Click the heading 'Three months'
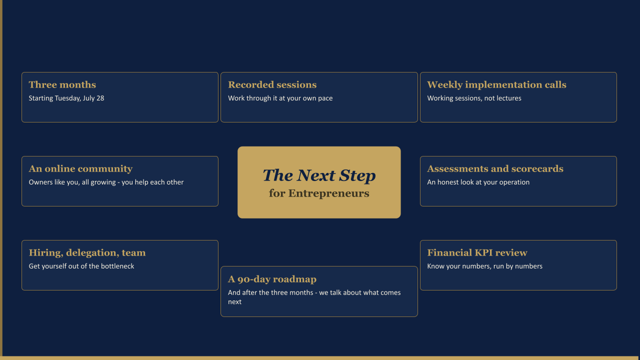coord(62,84)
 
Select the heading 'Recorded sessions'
coord(272,84)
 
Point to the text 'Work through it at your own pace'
coord(280,98)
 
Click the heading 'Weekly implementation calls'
coord(496,84)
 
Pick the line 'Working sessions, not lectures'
coord(474,98)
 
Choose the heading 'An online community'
coord(80,168)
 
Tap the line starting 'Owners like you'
coord(106,182)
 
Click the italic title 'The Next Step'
coord(319,175)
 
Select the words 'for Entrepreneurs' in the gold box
coord(319,193)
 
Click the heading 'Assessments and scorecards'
coord(495,168)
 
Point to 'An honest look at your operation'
coord(478,182)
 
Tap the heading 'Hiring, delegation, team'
coord(87,252)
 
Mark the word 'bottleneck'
coord(117,266)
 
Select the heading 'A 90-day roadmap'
coord(272,279)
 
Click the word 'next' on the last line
coord(234,302)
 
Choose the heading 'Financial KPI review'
coord(477,252)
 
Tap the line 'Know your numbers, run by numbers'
coord(484,266)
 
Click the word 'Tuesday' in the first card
coord(67,98)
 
